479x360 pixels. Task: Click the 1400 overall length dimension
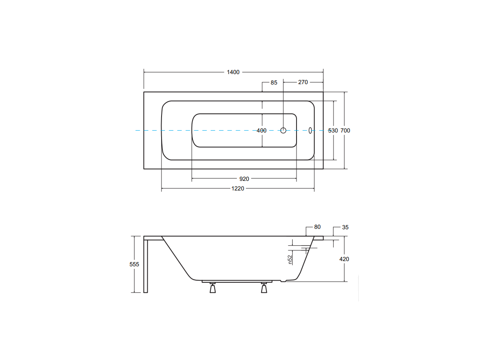[x=233, y=72]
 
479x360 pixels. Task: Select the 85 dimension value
[x=274, y=82]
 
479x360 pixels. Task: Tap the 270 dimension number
[x=303, y=82]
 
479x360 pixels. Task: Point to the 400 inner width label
[x=262, y=131]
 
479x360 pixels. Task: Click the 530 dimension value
[x=333, y=131]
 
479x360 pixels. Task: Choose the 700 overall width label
[x=345, y=131]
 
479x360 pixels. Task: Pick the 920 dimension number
[x=244, y=179]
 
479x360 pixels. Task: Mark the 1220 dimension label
[x=238, y=189]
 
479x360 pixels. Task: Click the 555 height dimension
[x=134, y=264]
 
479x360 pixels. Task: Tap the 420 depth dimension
[x=344, y=259]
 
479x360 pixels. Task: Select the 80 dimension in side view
[x=317, y=227]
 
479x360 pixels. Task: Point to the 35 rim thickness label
[x=345, y=227]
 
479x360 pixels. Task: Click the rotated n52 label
[x=290, y=260]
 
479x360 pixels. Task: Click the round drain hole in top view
[x=283, y=131]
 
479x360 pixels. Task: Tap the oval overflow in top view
[x=310, y=131]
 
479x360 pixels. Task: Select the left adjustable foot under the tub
[x=213, y=288]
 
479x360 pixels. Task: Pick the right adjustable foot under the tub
[x=264, y=288]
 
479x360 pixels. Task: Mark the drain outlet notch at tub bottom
[x=283, y=281]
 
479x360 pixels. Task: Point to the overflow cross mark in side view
[x=306, y=250]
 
